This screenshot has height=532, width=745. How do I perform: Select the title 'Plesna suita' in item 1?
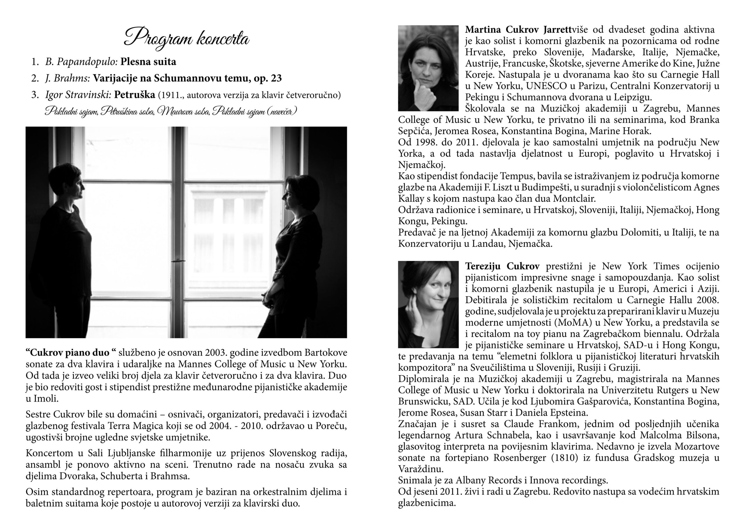tap(148, 62)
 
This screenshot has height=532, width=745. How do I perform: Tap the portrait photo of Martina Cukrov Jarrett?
tap(428, 68)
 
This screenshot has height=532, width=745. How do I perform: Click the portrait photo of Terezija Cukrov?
tap(428, 304)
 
